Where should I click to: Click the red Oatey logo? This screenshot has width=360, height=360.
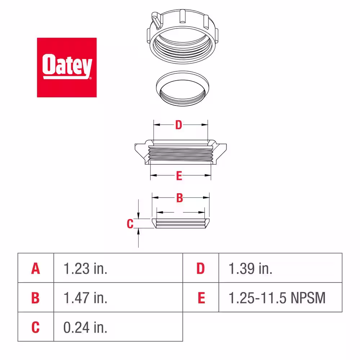tap(67, 67)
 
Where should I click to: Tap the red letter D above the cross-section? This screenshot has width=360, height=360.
tap(179, 125)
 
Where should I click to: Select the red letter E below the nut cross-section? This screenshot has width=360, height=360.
tap(179, 176)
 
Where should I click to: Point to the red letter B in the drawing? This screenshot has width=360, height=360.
tap(180, 198)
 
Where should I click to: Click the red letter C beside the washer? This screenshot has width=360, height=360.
tap(130, 224)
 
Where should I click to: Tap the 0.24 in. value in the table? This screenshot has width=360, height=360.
tap(85, 327)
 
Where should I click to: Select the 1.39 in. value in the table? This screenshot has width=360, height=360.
tap(251, 269)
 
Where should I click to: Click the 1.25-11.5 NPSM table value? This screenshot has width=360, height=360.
tap(277, 298)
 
